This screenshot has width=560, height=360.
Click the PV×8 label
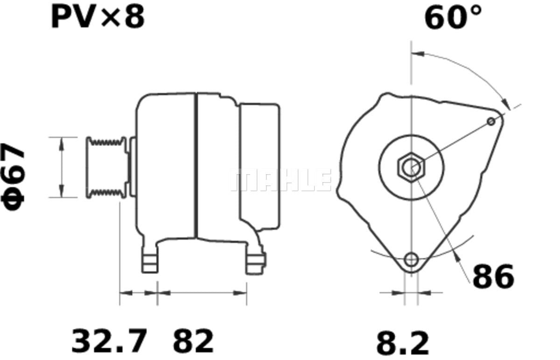(98, 17)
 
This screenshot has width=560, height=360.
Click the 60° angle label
(453, 18)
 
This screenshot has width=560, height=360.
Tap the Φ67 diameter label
(13, 176)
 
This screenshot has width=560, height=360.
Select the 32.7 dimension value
(109, 340)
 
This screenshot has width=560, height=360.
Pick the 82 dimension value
(193, 340)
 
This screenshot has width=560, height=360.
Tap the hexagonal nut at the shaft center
(411, 167)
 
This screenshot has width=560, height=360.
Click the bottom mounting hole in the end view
(411, 260)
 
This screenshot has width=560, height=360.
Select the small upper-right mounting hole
(491, 121)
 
